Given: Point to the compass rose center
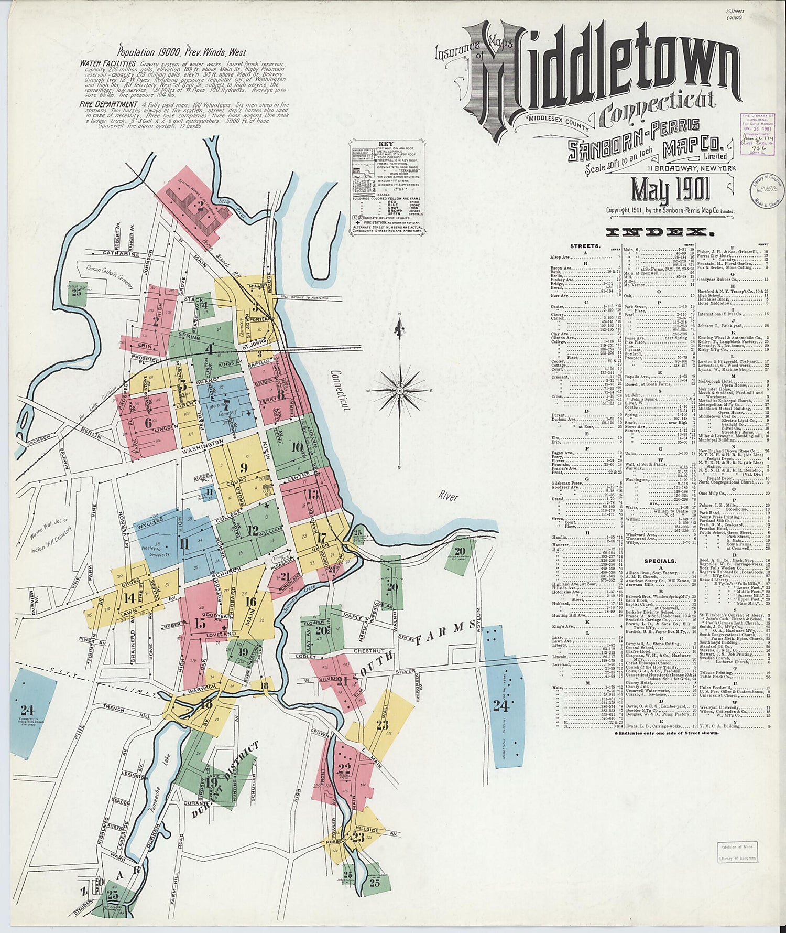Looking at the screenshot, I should [x=400, y=391].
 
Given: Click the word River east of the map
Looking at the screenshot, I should [x=447, y=497].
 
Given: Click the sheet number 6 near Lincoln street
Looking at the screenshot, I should [x=148, y=422].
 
